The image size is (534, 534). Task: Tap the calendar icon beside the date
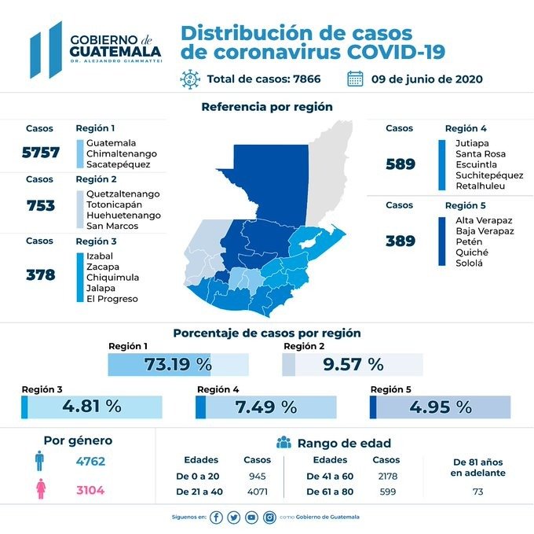[355, 79]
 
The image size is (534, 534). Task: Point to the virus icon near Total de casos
[189, 79]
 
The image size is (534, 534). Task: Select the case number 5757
[40, 153]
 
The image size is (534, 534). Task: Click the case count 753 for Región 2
[40, 205]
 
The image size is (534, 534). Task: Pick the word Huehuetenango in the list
[123, 215]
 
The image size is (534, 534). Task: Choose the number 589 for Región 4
[400, 164]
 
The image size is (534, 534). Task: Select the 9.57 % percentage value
[353, 364]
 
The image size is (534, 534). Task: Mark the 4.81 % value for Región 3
[91, 407]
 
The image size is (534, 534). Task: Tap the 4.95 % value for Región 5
[441, 407]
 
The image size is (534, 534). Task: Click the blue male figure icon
[39, 462]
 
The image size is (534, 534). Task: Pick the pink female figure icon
[39, 491]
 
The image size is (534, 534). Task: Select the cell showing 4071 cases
[257, 491]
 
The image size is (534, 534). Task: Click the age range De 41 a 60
[331, 476]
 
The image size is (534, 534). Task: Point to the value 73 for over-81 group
[477, 492]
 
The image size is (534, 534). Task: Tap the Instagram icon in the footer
[269, 517]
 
